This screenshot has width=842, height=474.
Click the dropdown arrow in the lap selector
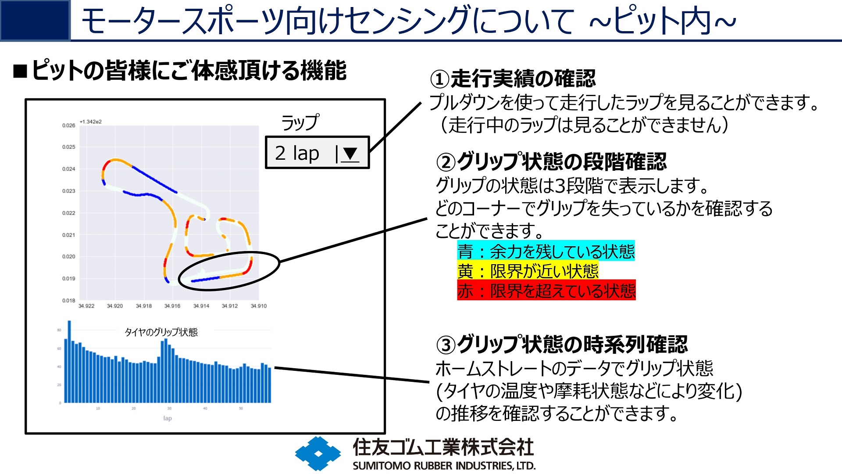click(350, 154)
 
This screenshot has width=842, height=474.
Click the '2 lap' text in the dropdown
click(297, 153)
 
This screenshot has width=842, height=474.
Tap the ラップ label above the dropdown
click(300, 122)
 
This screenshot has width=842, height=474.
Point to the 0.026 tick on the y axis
click(68, 126)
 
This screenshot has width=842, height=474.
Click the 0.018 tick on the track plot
click(68, 301)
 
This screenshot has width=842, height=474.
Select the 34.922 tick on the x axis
click(86, 306)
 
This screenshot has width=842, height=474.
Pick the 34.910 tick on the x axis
click(259, 306)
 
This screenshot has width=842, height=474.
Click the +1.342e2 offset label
click(90, 122)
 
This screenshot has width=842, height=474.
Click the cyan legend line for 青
click(546, 251)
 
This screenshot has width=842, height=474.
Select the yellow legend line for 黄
click(528, 271)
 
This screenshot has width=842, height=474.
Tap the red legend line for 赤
click(546, 291)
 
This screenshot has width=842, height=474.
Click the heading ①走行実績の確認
click(513, 79)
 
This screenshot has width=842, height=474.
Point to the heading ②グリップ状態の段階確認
click(551, 162)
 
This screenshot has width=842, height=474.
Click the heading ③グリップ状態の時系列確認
click(562, 345)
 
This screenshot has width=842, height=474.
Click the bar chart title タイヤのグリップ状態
click(161, 332)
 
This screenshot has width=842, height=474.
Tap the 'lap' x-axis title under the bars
click(168, 418)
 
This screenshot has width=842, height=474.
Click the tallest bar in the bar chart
click(69, 362)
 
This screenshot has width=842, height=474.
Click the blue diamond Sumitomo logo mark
click(318, 453)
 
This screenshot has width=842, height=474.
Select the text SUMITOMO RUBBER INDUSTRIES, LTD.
click(444, 466)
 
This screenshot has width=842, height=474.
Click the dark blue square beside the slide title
click(35, 20)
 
